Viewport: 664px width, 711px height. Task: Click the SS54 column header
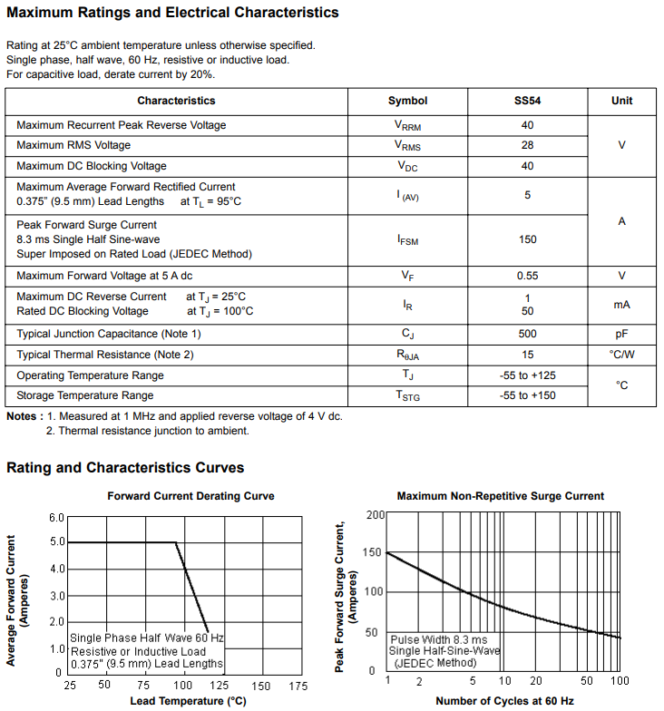(527, 101)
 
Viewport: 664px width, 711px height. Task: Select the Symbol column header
(407, 101)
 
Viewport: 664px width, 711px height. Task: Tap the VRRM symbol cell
(407, 126)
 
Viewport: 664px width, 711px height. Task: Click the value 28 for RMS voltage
(527, 145)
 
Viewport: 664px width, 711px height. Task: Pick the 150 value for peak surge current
(527, 239)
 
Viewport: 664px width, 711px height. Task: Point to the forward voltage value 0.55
(527, 276)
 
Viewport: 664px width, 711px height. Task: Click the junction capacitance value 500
(527, 334)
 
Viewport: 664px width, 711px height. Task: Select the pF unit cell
(621, 334)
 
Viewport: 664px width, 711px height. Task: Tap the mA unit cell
(621, 305)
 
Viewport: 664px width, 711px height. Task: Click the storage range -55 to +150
(527, 395)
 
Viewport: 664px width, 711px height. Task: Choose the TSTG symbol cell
(407, 396)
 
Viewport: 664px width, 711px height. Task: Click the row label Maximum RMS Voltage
(73, 145)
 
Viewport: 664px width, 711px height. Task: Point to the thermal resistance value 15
(527, 355)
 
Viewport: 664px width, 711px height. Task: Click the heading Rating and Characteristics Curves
(125, 468)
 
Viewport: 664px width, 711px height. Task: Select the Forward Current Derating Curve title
(190, 496)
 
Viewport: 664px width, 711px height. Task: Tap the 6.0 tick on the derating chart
(56, 518)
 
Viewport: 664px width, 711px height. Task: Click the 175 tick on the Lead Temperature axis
(297, 686)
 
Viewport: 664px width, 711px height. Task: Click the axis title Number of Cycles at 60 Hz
(504, 701)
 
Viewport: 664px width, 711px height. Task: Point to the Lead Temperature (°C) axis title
(188, 701)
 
